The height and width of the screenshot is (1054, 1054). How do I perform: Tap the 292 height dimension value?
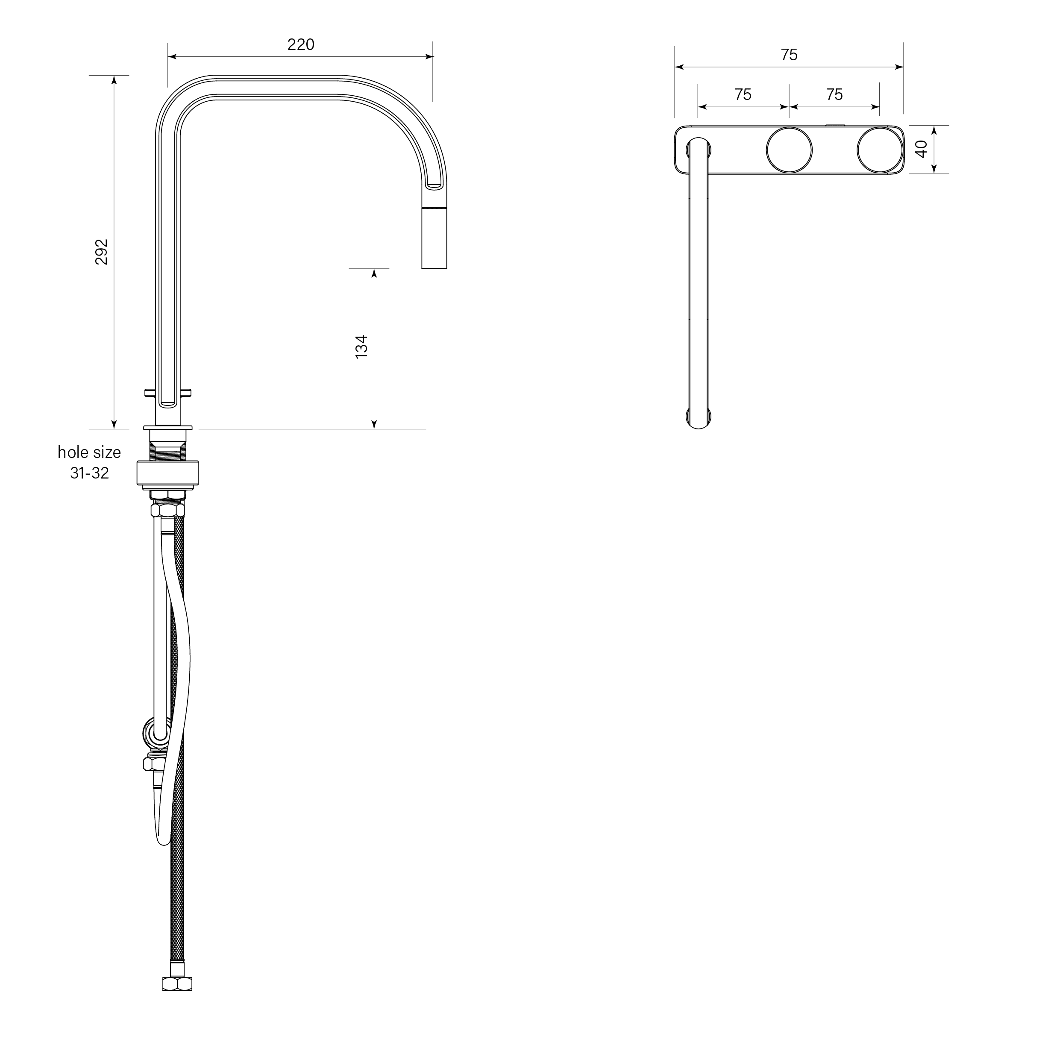tap(102, 252)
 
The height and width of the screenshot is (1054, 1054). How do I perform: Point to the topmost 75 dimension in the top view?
tap(789, 55)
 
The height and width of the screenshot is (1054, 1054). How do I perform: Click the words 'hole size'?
tap(89, 452)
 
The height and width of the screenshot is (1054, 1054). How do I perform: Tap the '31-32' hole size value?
tap(89, 473)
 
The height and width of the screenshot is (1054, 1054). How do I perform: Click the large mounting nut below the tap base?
tap(167, 473)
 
